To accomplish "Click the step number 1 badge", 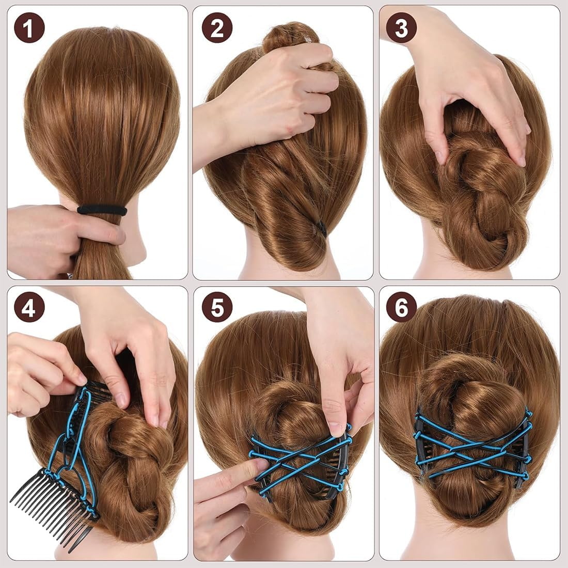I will [29, 27].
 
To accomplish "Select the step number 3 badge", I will [401, 27].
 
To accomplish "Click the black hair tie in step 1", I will [102, 210].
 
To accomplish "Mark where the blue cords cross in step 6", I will [472, 448].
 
